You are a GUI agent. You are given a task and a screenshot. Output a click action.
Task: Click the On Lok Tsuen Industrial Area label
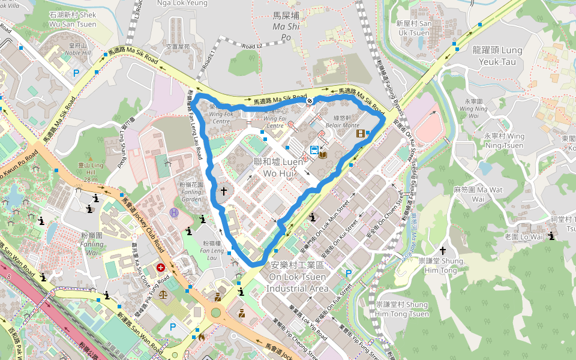click(x=298, y=277)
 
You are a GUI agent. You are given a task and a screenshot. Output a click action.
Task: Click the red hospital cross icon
click(x=161, y=268)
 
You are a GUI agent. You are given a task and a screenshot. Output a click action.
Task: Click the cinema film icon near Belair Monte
click(x=360, y=133)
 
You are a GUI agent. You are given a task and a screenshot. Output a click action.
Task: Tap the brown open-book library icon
click(x=323, y=155)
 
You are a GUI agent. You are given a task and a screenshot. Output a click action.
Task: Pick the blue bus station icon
click(x=314, y=149)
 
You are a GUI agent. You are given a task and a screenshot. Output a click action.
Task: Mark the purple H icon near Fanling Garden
click(x=174, y=212)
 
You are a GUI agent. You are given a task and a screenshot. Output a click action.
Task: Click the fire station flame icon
click(x=201, y=337)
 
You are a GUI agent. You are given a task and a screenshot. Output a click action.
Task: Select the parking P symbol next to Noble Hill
click(x=76, y=73)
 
